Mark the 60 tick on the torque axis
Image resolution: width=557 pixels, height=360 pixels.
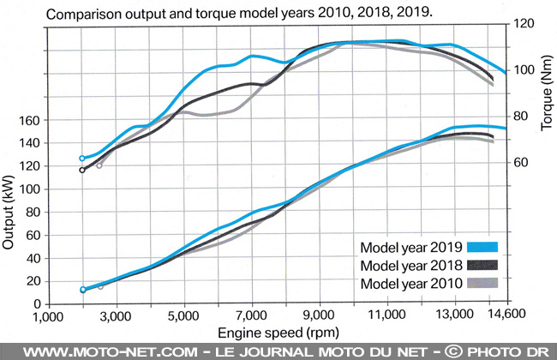[519, 163]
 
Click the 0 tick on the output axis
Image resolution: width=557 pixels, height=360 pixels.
[39, 303]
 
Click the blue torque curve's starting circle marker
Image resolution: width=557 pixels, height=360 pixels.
[82, 159]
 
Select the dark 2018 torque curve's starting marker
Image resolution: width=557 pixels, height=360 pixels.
[82, 170]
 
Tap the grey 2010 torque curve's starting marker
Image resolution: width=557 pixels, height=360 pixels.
[99, 165]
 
